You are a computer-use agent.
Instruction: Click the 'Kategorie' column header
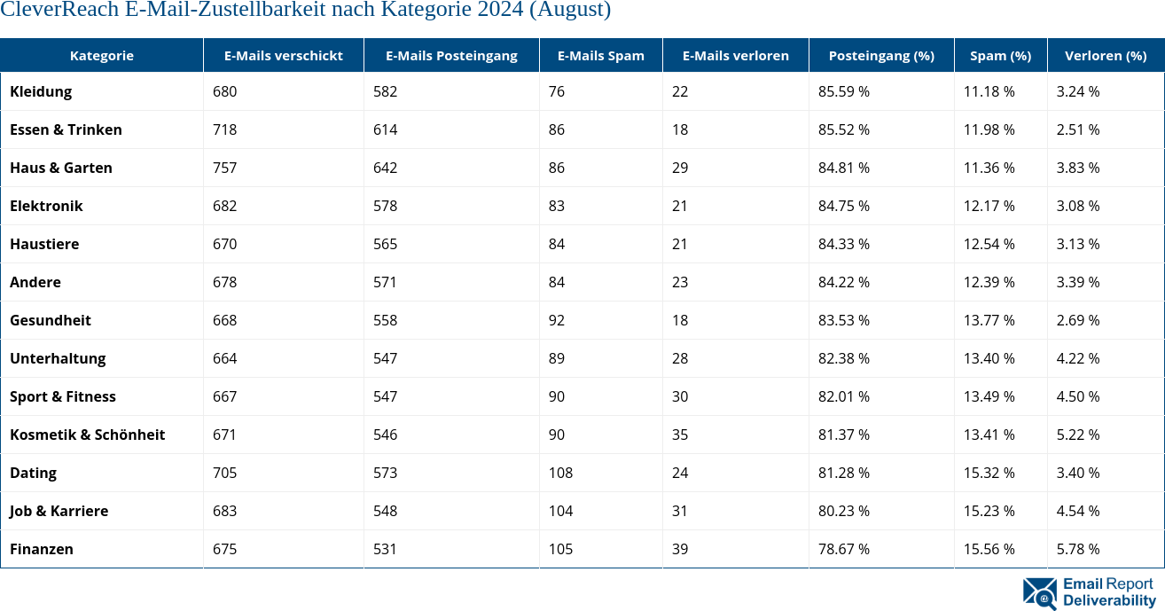(x=101, y=56)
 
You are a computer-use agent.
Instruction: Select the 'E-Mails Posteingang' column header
(x=451, y=56)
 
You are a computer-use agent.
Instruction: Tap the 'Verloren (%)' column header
(x=1105, y=56)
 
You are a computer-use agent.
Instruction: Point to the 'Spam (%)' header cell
(x=1000, y=56)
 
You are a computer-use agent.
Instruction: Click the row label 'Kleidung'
(x=41, y=91)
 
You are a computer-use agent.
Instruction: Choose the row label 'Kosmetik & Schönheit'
(x=87, y=435)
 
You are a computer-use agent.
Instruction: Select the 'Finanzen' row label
(x=42, y=549)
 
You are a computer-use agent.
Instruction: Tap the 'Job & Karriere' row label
(x=59, y=511)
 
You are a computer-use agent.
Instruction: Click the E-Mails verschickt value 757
(x=225, y=168)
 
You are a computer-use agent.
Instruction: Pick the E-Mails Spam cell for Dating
(x=560, y=473)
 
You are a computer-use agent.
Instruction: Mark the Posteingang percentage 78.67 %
(x=843, y=549)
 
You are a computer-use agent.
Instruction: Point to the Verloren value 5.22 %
(x=1078, y=435)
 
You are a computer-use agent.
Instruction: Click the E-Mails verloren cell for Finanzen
(x=680, y=549)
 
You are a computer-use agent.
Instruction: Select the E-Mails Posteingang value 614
(x=385, y=129)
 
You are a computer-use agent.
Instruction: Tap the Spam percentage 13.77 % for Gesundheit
(x=989, y=320)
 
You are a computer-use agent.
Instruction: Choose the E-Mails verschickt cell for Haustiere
(x=225, y=244)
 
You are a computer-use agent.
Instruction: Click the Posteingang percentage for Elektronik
(x=843, y=206)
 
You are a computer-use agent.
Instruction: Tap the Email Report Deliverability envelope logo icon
(x=1039, y=593)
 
